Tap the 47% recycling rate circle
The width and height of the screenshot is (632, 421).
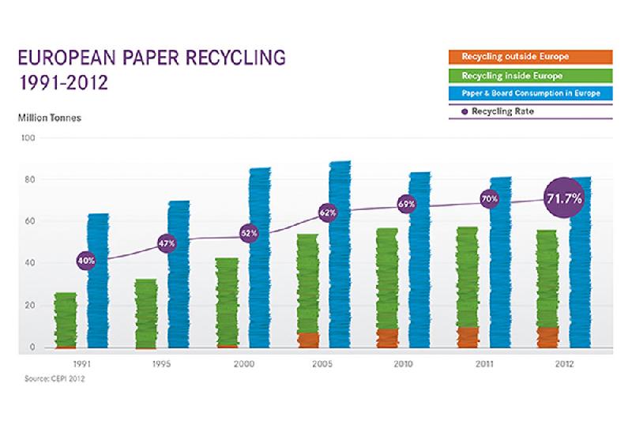click(167, 243)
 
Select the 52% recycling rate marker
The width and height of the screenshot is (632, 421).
click(249, 235)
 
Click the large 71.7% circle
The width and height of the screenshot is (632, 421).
click(564, 198)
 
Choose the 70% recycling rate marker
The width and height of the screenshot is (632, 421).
click(489, 199)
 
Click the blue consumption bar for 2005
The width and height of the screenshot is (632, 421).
click(340, 269)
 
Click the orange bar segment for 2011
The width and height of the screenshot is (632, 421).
click(468, 337)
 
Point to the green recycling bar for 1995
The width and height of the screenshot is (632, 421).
click(145, 313)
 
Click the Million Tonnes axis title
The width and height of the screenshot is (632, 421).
click(49, 118)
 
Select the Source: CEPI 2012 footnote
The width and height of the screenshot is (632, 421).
click(53, 379)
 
